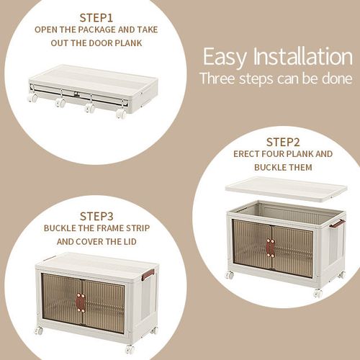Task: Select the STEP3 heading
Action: pos(96,215)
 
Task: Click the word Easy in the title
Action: pos(225,56)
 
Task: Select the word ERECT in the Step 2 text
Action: pos(247,154)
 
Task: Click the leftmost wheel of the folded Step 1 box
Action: pos(33,97)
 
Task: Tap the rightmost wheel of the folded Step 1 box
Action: pos(121,113)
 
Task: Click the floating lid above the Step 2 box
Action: pos(286,188)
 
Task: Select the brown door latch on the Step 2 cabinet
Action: pos(271,247)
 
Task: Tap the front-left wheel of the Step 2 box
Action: pos(230,275)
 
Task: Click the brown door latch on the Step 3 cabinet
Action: pos(81,302)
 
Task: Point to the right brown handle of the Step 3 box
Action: pos(148,274)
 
